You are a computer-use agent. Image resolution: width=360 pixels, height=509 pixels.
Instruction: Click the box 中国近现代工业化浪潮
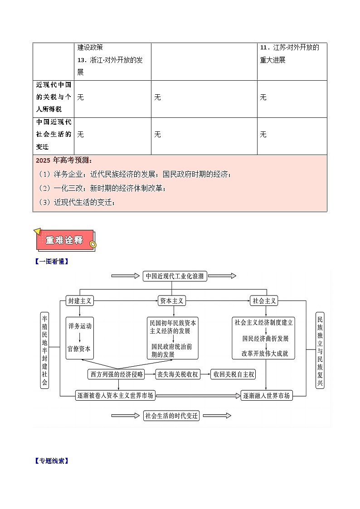(175, 276)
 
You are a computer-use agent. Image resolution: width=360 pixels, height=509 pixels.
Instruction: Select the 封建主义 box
(79, 301)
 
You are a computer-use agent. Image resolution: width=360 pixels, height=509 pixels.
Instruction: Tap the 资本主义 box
(172, 301)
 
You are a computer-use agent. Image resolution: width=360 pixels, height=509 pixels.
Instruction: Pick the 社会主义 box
(263, 301)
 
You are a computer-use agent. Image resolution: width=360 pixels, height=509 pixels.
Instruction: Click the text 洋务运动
(80, 326)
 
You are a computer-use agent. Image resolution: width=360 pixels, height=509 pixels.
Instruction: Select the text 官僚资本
(80, 349)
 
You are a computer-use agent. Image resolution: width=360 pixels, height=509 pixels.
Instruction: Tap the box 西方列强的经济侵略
(116, 374)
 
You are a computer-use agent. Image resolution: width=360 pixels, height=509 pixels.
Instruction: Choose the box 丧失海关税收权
(177, 374)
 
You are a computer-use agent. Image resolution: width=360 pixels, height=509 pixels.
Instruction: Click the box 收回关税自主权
(234, 374)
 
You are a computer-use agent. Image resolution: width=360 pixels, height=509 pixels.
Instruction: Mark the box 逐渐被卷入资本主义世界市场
(115, 395)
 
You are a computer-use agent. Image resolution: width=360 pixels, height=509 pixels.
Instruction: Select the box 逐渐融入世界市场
(266, 395)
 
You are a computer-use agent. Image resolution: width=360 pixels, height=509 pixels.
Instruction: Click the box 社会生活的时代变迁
(172, 416)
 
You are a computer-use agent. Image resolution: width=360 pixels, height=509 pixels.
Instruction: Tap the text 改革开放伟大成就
(265, 354)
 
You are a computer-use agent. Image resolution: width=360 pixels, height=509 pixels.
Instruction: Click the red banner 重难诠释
(64, 240)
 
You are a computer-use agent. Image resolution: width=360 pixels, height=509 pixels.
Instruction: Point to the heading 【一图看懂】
(51, 261)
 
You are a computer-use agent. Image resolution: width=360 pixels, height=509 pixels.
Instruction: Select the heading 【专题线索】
(51, 461)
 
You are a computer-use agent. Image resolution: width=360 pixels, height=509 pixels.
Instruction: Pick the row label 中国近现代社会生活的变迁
(54, 135)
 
